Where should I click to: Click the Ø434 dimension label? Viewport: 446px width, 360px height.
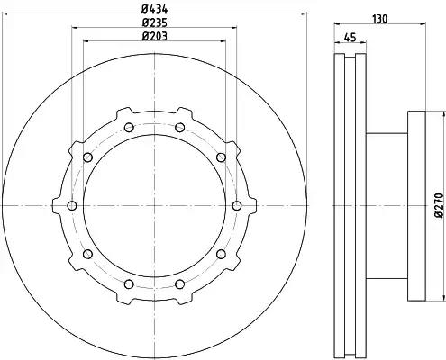(155, 9)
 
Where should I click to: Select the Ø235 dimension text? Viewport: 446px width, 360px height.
(155, 22)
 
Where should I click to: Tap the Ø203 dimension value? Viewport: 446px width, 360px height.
(155, 36)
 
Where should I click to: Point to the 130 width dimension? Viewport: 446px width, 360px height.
(380, 19)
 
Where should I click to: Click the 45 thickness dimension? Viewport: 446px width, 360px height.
(350, 38)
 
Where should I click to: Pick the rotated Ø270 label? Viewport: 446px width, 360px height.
(439, 205)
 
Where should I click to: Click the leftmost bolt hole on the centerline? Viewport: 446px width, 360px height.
(72, 206)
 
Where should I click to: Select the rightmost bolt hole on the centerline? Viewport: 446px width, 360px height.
(237, 206)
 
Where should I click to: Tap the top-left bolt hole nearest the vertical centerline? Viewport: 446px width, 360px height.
(129, 128)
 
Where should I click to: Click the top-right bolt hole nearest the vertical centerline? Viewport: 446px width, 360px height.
(179, 128)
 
